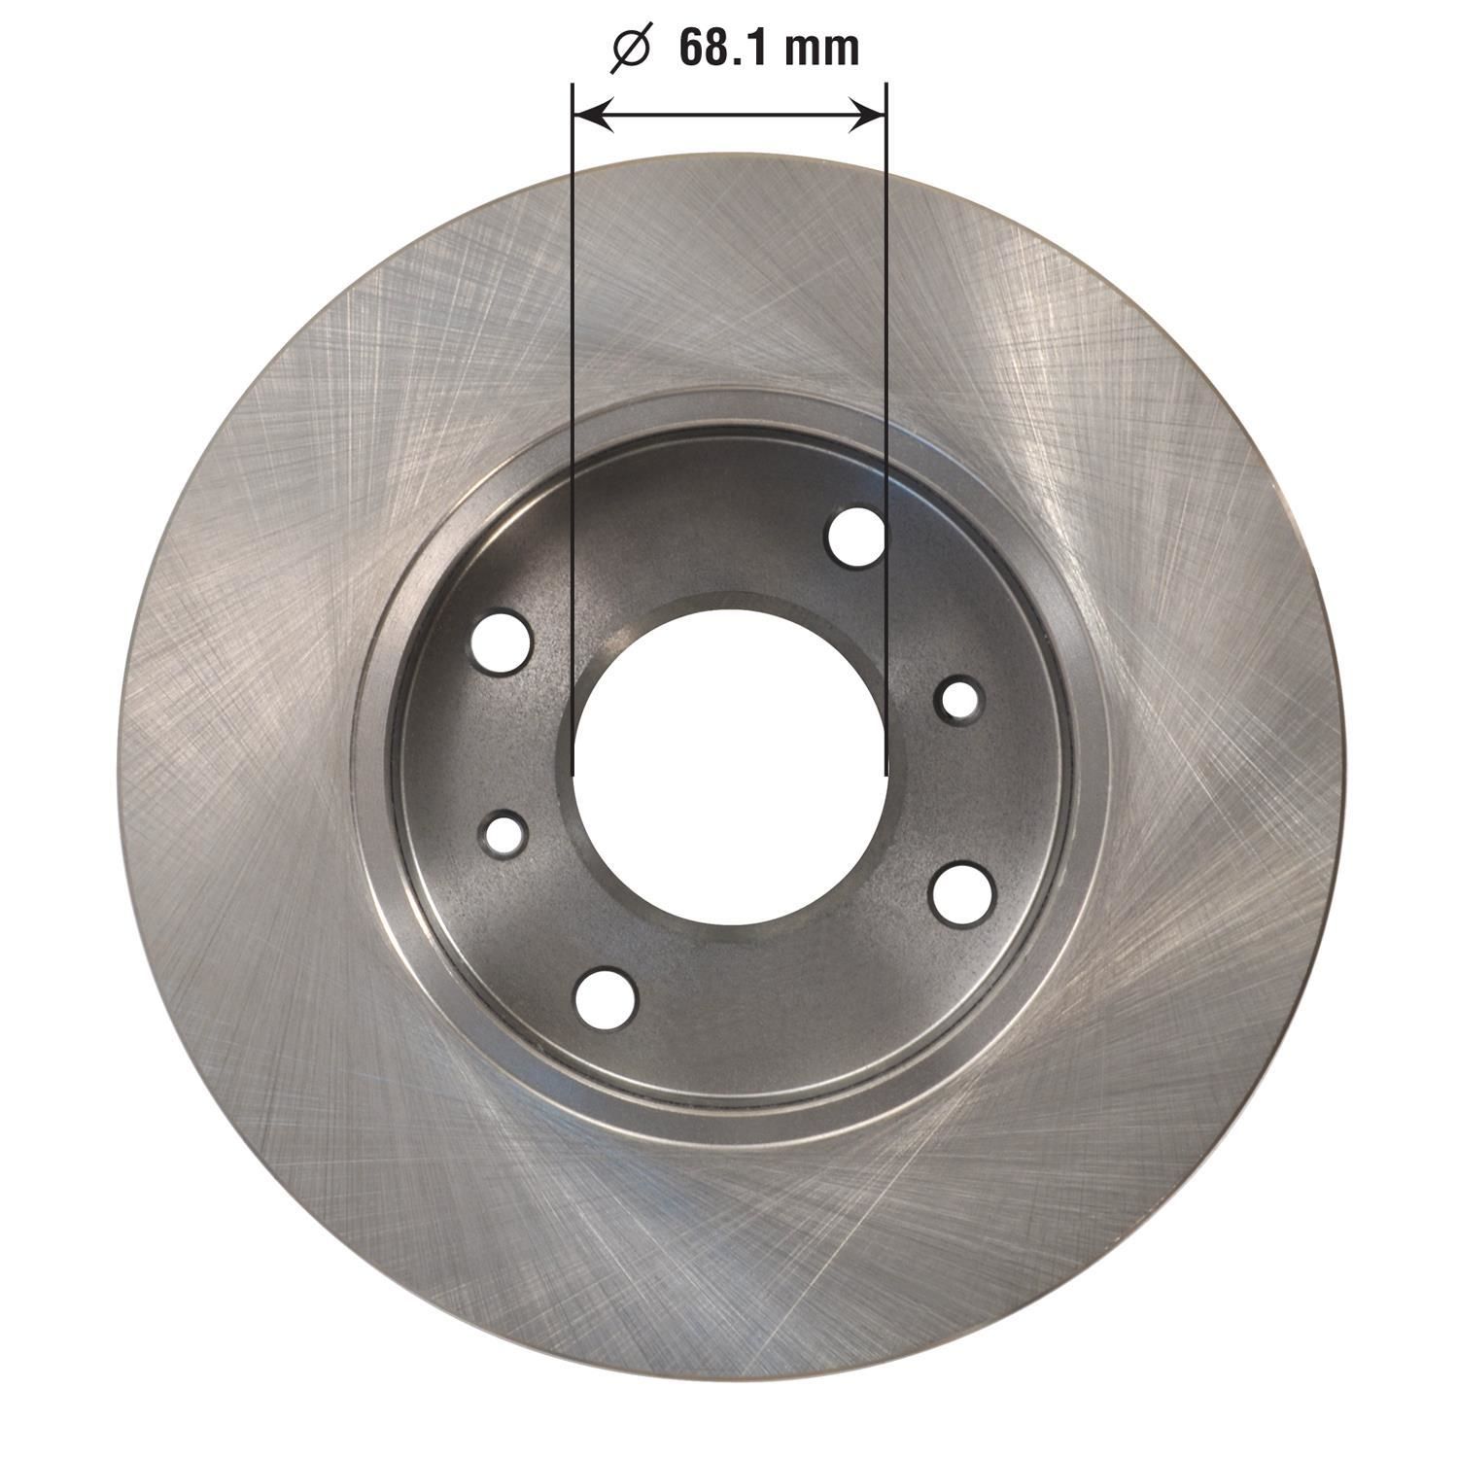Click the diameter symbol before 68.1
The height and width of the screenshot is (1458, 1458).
coord(630,50)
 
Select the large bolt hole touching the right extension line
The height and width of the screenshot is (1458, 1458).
coord(856,536)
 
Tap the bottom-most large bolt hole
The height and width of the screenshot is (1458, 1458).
coord(605,997)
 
